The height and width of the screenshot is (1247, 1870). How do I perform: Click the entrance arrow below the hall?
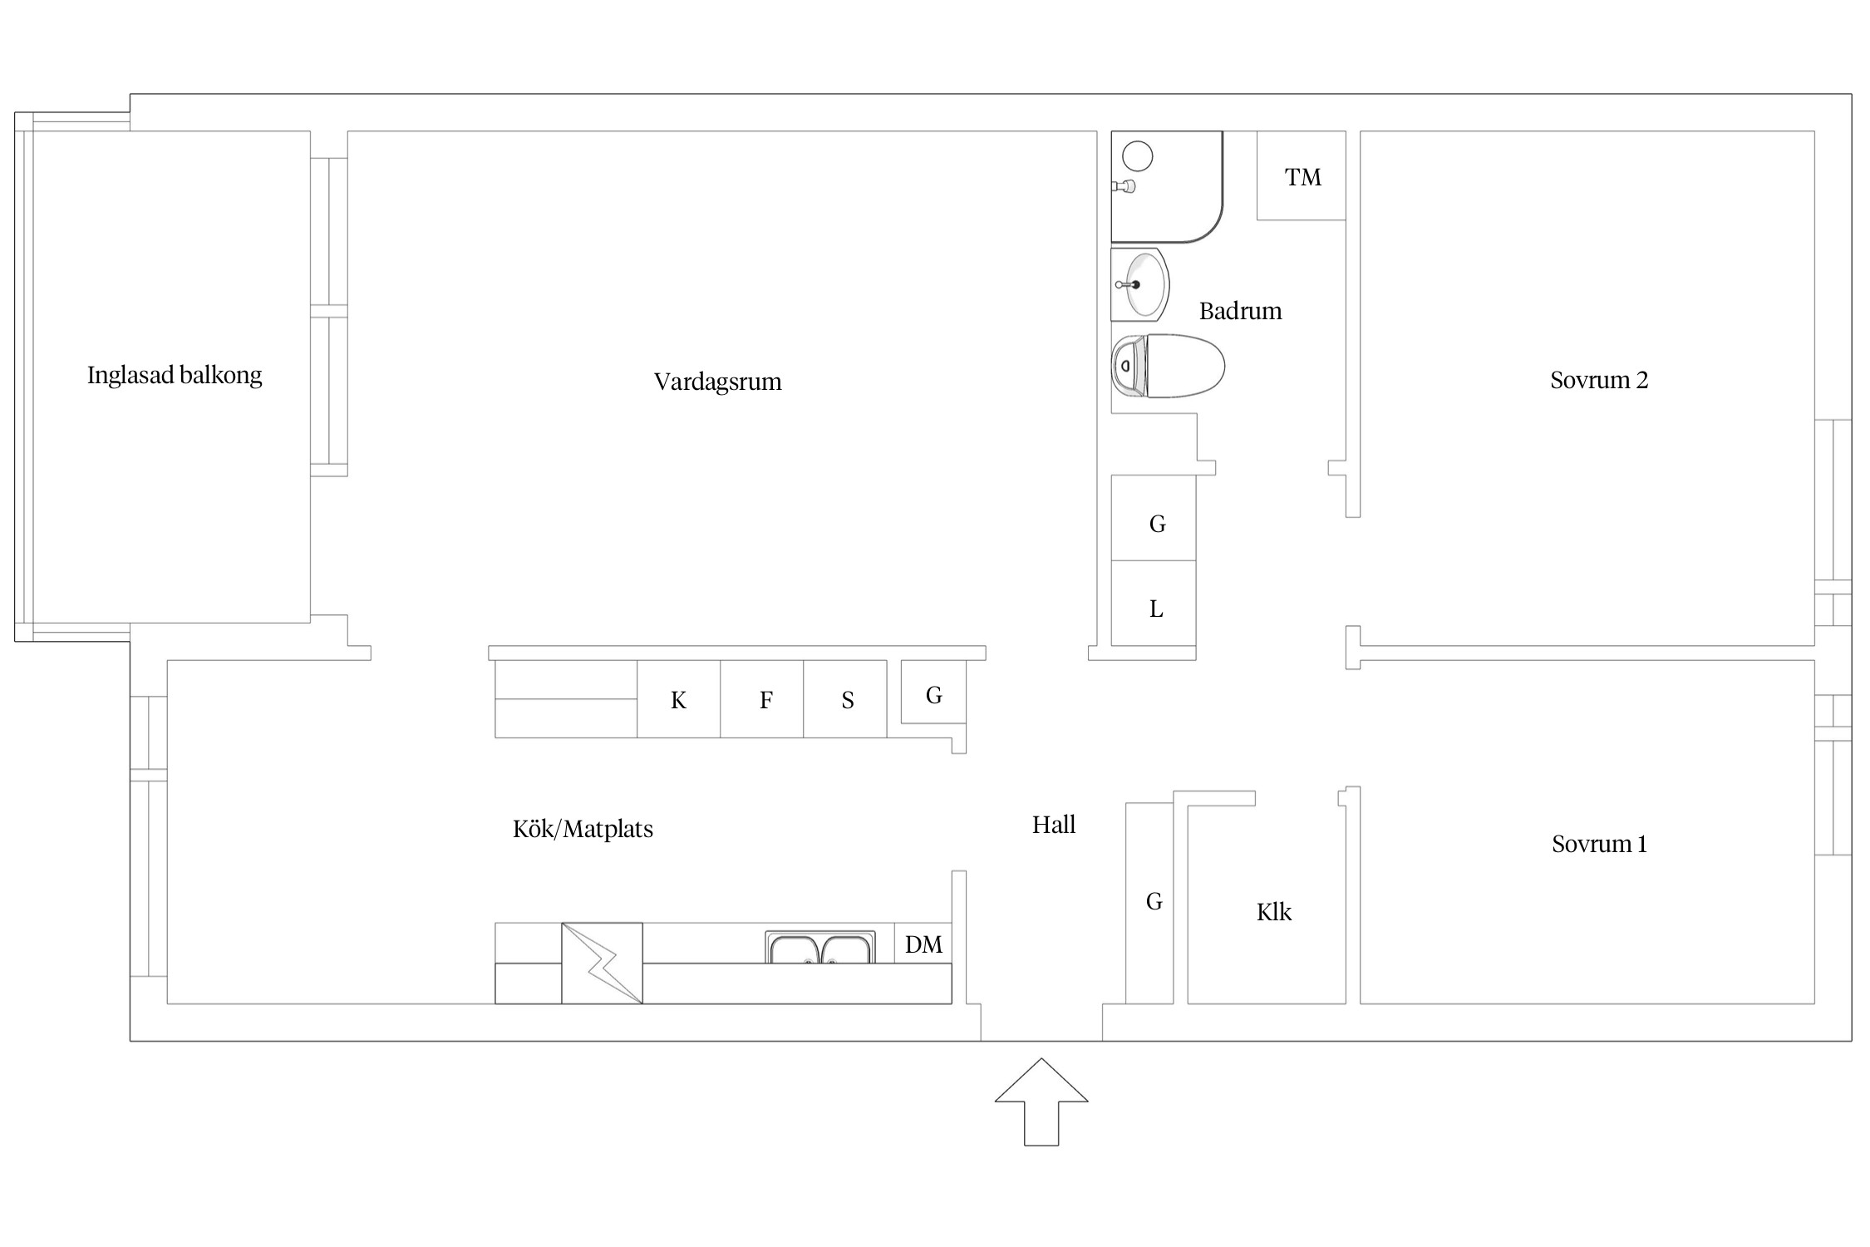pos(1041,1102)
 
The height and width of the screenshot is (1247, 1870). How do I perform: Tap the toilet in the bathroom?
pos(1168,366)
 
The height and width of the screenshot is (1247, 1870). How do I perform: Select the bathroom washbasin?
pos(1140,284)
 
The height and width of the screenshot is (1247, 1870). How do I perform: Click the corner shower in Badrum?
pos(1167,187)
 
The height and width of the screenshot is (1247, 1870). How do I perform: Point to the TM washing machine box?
pos(1301,175)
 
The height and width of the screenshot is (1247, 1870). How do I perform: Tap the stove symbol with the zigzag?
pos(602,964)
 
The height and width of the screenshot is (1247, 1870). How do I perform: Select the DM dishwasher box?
pos(923,944)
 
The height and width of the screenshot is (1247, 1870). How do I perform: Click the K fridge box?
pos(678,699)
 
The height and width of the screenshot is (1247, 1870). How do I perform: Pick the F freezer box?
pos(762,699)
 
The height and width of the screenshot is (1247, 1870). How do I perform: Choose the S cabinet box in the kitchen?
pos(845,699)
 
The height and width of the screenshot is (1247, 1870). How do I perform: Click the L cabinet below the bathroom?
pos(1154,604)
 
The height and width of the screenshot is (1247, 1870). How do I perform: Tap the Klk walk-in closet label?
pos(1274,912)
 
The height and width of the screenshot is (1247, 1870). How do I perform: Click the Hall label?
pos(1054,825)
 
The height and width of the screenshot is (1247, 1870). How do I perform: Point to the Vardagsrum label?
pos(718,382)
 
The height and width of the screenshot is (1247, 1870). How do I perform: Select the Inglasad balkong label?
pos(175,376)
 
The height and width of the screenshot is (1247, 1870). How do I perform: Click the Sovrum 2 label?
pos(1599,380)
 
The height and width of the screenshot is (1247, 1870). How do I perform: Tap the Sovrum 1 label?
pos(1599,844)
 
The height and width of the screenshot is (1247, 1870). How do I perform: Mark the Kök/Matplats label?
pos(583,829)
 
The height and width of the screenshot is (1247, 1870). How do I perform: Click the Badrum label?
pos(1240,311)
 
